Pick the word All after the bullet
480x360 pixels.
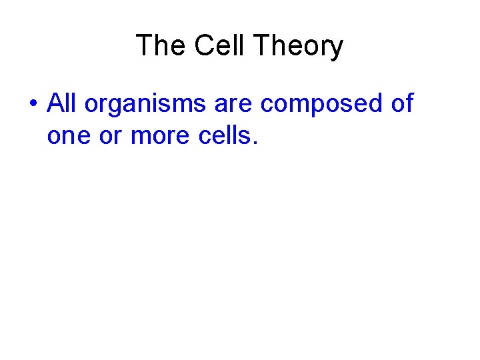pyautogui.click(x=63, y=103)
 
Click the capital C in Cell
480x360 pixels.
pyautogui.click(x=203, y=46)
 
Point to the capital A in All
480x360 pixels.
pyautogui.click(x=55, y=103)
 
